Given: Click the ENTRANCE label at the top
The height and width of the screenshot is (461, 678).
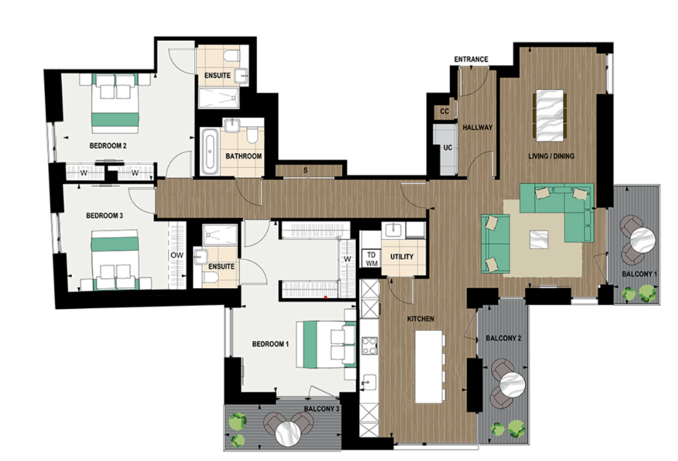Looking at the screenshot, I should [x=471, y=60].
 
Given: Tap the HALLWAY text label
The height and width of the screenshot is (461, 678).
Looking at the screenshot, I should [x=477, y=127].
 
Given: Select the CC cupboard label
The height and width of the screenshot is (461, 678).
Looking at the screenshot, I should [x=444, y=111].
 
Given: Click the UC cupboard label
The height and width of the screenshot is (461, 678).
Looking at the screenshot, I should [x=447, y=148].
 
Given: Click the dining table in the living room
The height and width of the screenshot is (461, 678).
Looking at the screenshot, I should [x=550, y=115].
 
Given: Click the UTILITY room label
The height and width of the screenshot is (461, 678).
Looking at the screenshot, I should [x=402, y=257].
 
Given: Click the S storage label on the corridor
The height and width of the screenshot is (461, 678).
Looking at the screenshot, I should [x=306, y=170].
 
